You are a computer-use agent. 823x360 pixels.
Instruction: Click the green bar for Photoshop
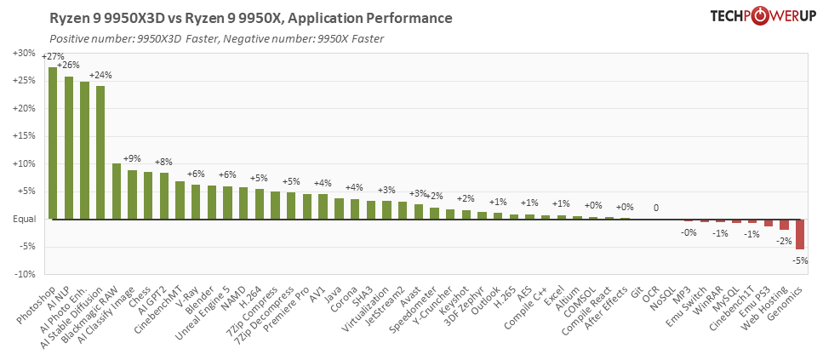tap(53, 143)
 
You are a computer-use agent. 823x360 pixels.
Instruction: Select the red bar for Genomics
tap(800, 234)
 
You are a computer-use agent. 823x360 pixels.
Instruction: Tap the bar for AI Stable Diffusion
tap(100, 152)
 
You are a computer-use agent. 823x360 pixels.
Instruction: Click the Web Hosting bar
tap(784, 225)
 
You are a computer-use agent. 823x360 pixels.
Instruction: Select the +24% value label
tap(100, 75)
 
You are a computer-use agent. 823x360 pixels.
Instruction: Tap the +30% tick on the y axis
tap(23, 53)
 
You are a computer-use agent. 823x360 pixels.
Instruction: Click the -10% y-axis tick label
tap(23, 274)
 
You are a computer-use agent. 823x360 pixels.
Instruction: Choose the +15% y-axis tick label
tap(23, 136)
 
